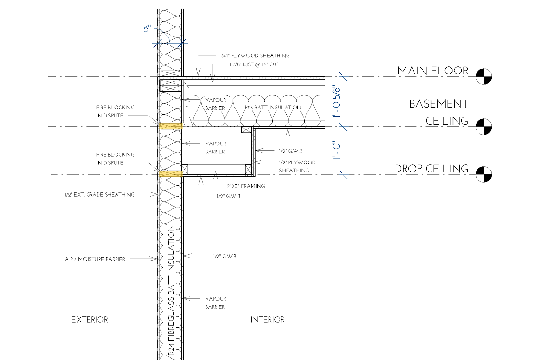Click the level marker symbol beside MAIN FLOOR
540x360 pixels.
click(x=484, y=76)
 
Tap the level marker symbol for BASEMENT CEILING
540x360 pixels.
click(x=484, y=127)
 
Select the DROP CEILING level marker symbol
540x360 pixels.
click(x=484, y=174)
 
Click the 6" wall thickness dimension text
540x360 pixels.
click(x=147, y=28)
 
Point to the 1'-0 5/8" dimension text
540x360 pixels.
click(x=336, y=102)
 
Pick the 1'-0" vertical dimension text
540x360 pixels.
click(x=336, y=151)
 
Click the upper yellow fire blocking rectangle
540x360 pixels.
click(x=171, y=126)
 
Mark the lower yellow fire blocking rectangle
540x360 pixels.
click(x=171, y=174)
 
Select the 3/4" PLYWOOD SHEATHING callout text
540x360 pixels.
click(x=255, y=55)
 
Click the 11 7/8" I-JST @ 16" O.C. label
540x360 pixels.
click(x=253, y=65)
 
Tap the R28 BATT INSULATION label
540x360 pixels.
click(x=273, y=108)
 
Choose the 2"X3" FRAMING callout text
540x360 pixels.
click(x=246, y=186)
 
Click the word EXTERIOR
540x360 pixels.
click(x=90, y=320)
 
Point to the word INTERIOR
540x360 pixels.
click(x=268, y=320)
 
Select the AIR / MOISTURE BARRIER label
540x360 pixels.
click(x=95, y=259)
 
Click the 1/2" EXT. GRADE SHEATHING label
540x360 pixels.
click(x=99, y=195)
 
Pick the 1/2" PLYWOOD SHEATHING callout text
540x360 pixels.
click(x=297, y=166)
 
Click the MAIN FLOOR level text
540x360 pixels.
click(x=433, y=71)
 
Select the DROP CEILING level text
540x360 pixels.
click(x=432, y=169)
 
